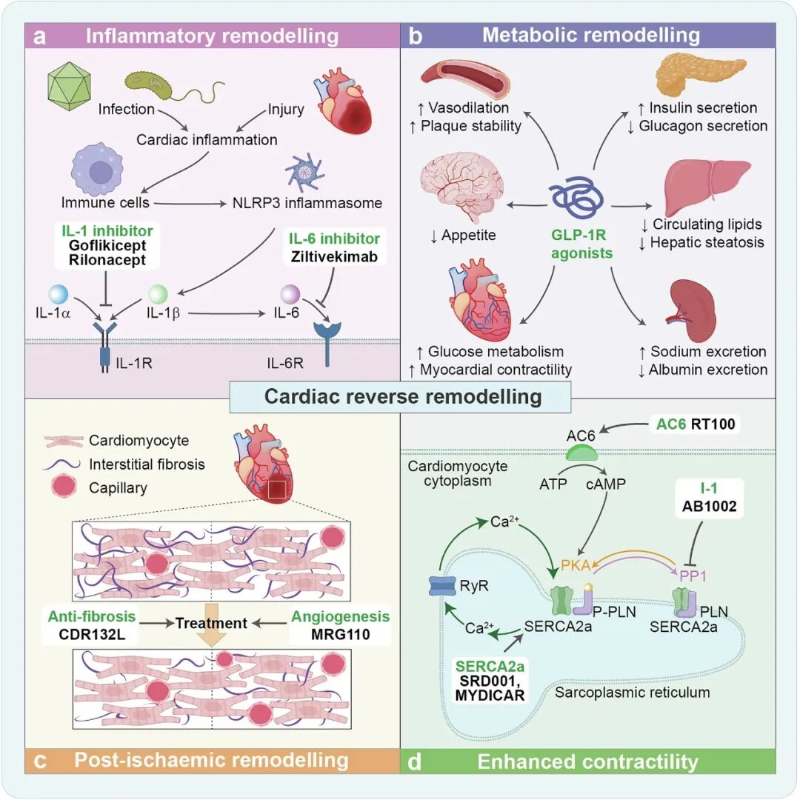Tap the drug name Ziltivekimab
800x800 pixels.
(334, 256)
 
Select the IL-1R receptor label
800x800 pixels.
(134, 363)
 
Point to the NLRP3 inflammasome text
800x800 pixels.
(307, 203)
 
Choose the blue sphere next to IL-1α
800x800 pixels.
(59, 295)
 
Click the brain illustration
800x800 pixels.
(461, 186)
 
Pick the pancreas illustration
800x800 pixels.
(701, 76)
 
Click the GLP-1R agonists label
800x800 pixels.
(581, 244)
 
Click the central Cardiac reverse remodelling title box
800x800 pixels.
(401, 397)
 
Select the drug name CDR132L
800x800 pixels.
(92, 634)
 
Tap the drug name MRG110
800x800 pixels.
(340, 634)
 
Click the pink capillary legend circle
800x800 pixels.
(64, 486)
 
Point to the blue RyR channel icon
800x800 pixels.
(441, 586)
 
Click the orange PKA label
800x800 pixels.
(576, 564)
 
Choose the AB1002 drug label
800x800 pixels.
(709, 506)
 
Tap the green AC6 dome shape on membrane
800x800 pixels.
(582, 453)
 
